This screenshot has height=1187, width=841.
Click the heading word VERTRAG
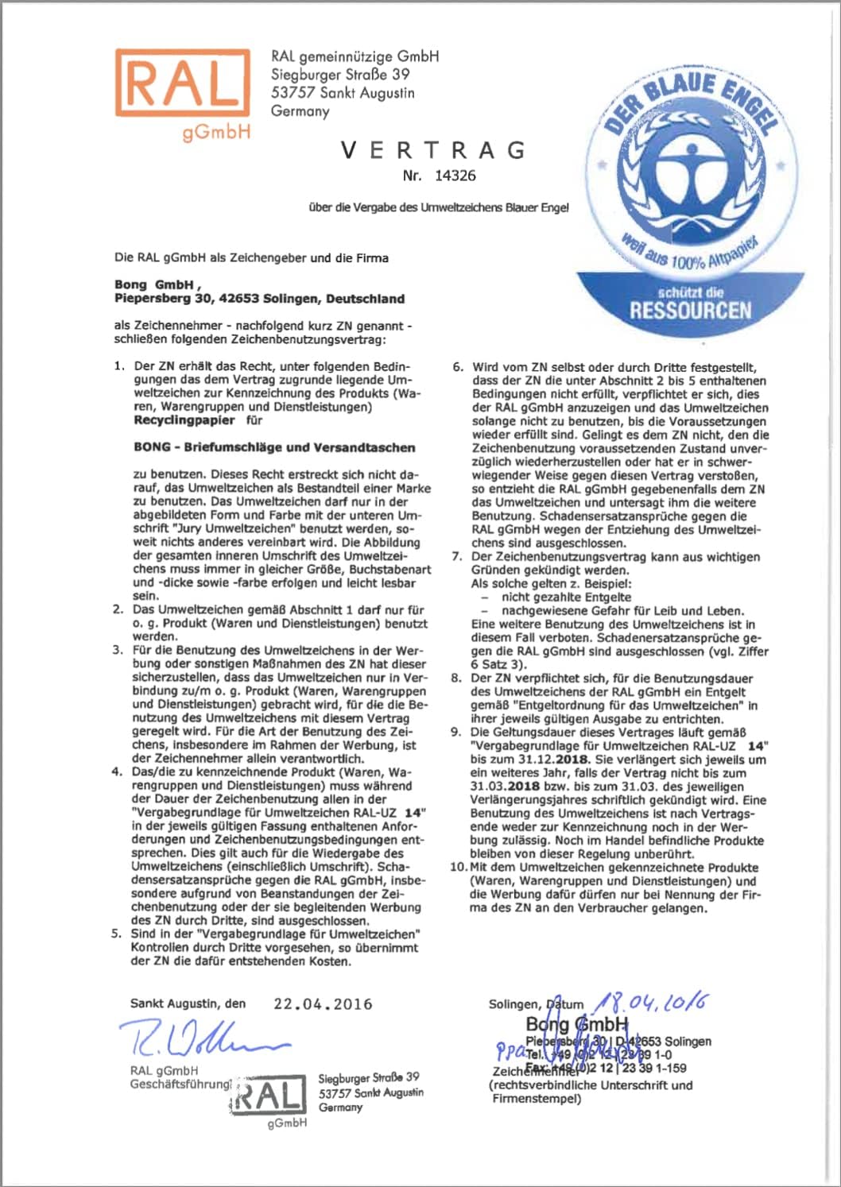click(x=433, y=150)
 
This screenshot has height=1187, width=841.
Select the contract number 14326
click(x=455, y=176)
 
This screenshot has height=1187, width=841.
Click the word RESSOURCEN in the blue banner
click(x=690, y=310)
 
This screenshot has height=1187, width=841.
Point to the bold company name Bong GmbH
click(x=154, y=284)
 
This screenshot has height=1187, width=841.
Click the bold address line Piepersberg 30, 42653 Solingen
click(x=259, y=299)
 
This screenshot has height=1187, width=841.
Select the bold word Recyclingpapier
click(x=184, y=420)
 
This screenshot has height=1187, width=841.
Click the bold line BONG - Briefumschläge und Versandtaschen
click(x=274, y=447)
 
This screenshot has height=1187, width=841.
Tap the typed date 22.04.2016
click(x=323, y=1003)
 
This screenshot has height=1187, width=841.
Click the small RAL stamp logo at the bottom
click(x=269, y=1098)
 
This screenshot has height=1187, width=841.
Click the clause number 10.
click(x=458, y=867)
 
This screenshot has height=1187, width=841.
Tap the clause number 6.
click(x=458, y=367)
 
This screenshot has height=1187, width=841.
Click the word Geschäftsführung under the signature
click(x=180, y=1085)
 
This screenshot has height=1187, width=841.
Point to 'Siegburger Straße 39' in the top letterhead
click(x=340, y=75)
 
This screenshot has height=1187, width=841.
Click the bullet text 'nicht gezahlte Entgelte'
click(x=566, y=597)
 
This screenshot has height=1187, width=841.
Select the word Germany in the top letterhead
click(x=300, y=111)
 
